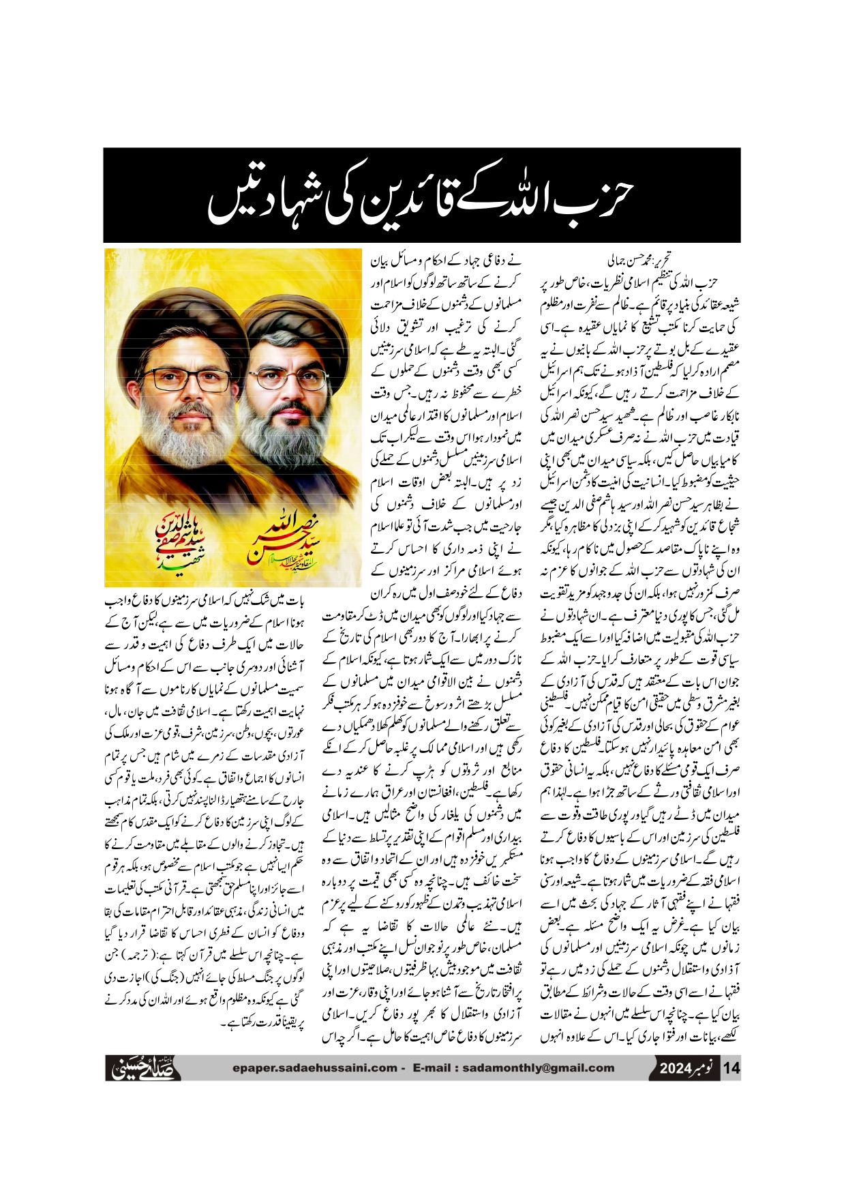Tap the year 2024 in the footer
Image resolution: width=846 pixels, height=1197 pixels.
click(676, 1068)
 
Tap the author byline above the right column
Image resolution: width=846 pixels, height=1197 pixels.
click(638, 261)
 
